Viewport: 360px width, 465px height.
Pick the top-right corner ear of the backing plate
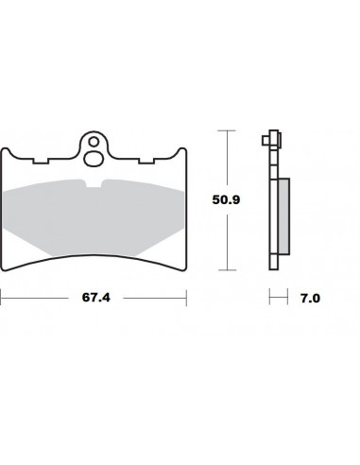point(174,151)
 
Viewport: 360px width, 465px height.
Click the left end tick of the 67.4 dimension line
point(3,298)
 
